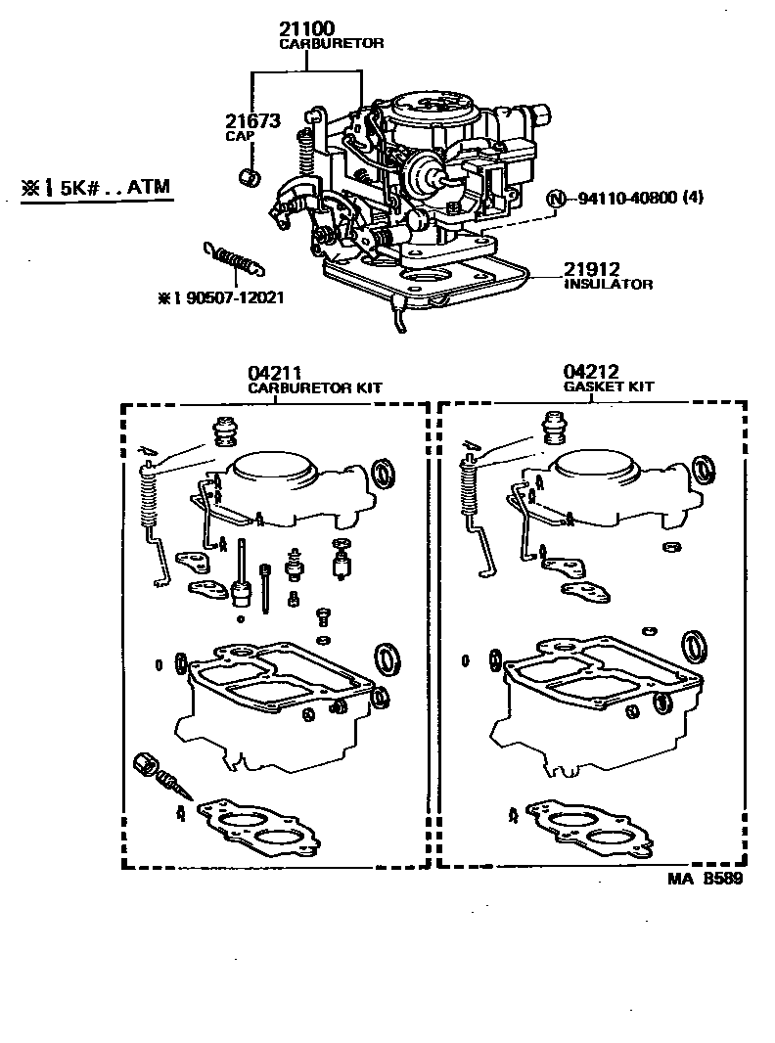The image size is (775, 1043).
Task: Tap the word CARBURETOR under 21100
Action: click(332, 44)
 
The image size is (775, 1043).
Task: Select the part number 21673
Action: click(252, 121)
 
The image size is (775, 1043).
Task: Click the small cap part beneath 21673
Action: click(250, 177)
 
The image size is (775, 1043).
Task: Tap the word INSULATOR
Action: click(608, 285)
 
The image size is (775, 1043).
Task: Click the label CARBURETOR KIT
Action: click(314, 387)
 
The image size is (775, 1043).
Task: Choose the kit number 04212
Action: click(590, 373)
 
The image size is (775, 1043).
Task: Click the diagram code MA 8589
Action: click(705, 879)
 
